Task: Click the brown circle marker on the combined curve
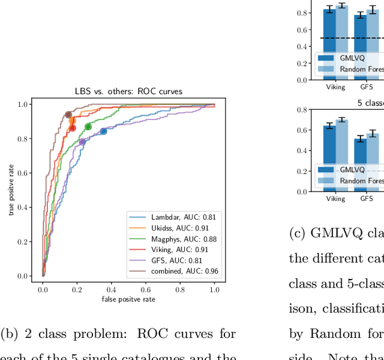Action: [x=68, y=115]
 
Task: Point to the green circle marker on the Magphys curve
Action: [x=88, y=127]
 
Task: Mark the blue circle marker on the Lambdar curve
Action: [x=103, y=131]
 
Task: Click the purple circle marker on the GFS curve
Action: [x=82, y=142]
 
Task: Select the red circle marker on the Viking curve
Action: [x=72, y=128]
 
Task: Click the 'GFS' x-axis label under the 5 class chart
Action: [x=365, y=199]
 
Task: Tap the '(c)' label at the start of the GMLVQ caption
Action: [x=298, y=234]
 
